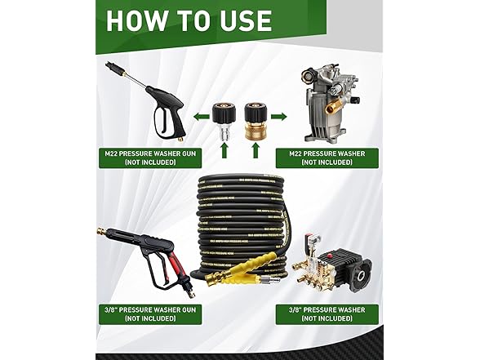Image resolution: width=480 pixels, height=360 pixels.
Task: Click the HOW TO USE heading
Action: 189,21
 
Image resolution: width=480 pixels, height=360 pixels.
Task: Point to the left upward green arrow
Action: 223,150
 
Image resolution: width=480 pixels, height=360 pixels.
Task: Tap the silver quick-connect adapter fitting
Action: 221,118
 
